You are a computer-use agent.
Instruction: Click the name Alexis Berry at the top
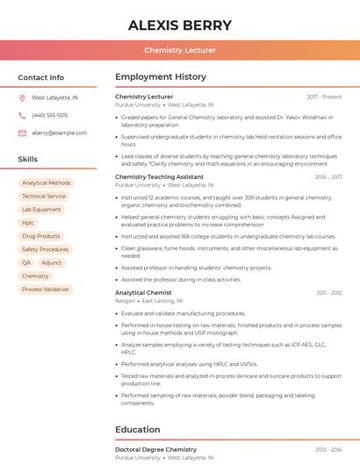pos(180,25)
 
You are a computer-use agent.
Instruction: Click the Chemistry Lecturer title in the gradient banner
pos(180,51)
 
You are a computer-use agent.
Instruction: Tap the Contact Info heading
pos(41,77)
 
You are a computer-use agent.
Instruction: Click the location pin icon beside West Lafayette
pos(22,98)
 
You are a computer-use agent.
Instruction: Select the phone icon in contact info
pos(22,116)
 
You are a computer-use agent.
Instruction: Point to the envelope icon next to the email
pos(22,133)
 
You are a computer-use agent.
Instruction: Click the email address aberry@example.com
pos(59,133)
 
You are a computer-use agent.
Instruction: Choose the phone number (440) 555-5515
pos(50,116)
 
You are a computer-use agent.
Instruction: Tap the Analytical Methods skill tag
pos(47,183)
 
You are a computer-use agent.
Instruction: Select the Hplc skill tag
pos(28,223)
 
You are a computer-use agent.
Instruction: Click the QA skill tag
pos(26,262)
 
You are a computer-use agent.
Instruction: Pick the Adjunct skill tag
pos(52,262)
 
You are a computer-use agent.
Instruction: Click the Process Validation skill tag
pos(45,289)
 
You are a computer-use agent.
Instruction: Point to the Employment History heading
pos(161,77)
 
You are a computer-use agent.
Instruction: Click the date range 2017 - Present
pos(324,97)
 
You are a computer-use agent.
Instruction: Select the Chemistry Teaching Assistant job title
pos(159,177)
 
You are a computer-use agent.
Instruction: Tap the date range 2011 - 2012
pos(329,292)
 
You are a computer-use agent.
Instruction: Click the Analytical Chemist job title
pos(143,292)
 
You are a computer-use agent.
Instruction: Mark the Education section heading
pos(138,430)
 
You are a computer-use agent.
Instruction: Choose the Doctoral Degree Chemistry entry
pos(155,449)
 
